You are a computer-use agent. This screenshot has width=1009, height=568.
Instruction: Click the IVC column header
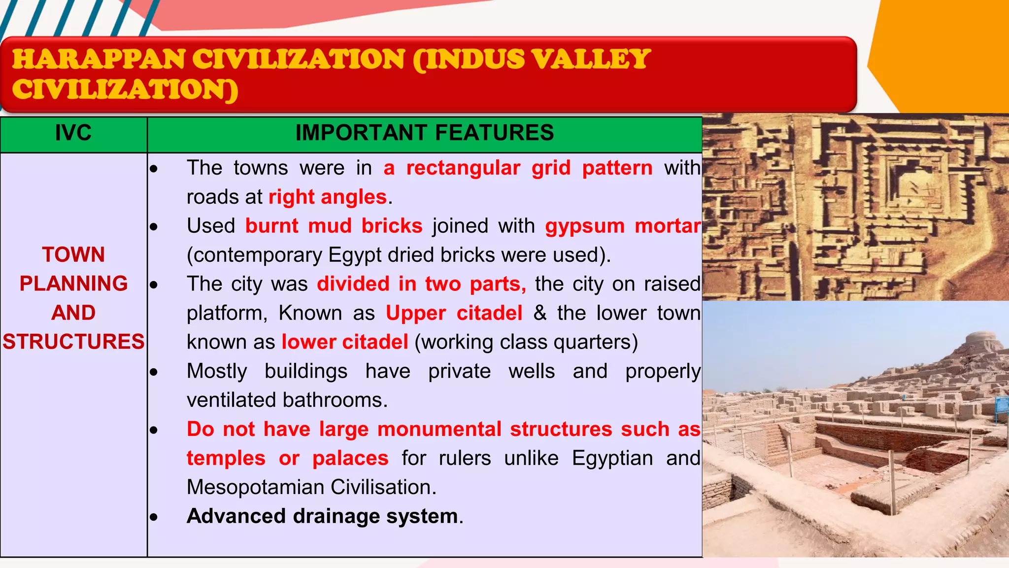point(73,133)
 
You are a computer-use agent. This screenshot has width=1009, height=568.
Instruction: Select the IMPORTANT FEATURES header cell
point(424,133)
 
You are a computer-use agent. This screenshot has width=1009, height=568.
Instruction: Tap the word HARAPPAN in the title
point(99,60)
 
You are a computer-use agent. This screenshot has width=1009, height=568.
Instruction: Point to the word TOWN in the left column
point(73,255)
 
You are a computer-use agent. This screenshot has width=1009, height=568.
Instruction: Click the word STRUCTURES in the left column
point(73,342)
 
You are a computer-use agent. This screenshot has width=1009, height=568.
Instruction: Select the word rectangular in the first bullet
point(463,168)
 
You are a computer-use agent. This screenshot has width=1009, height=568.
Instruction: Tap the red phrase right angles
point(328,197)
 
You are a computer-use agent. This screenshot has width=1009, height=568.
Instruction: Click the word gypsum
point(585,226)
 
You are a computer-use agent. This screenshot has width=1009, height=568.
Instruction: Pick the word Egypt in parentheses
point(354,255)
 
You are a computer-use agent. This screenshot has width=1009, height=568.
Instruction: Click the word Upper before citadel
point(416,314)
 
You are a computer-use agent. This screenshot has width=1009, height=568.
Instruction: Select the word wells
point(532,371)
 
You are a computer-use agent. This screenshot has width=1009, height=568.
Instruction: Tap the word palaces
point(350,459)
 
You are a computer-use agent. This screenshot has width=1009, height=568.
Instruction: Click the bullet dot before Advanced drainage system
point(154,517)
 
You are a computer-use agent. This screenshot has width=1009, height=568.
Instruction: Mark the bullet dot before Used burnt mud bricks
point(154,227)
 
